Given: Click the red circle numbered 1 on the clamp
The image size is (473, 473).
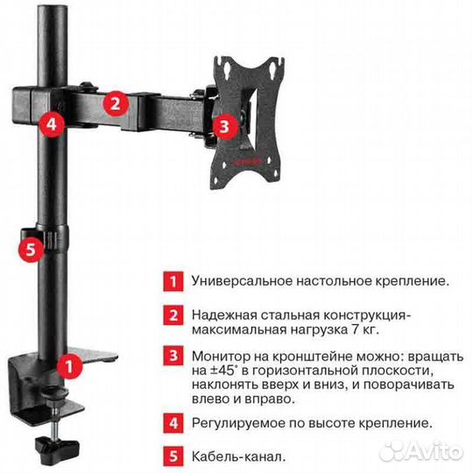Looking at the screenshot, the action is coord(69,366).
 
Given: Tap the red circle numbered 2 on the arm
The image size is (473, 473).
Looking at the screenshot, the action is coord(116,103).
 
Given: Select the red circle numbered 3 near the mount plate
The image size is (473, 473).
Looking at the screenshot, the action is coord(225,126).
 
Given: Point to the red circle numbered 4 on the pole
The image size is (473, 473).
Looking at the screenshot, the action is coord(52,124).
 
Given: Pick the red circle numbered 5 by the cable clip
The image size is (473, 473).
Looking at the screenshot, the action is coord(31,249).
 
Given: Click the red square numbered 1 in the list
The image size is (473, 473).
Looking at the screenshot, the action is coord(173,282).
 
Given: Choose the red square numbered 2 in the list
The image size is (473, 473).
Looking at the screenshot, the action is coord(173,315).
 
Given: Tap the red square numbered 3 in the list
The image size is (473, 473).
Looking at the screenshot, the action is coord(173,356).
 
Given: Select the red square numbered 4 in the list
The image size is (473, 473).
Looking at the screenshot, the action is coord(173,423).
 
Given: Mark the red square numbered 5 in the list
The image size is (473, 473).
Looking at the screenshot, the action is coord(173,456).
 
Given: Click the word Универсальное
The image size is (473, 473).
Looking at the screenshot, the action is coord(243,281).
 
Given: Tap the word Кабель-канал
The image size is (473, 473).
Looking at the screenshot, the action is coord(238,456).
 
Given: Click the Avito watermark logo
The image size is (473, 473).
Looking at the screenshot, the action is coord(421,451).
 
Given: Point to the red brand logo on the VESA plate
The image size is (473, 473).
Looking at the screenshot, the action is coord(247,162).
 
